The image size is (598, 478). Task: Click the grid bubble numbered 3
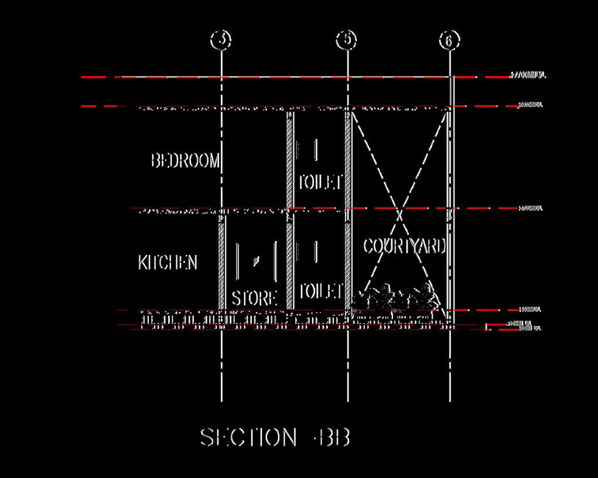pyautogui.click(x=221, y=40)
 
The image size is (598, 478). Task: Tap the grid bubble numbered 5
pyautogui.click(x=347, y=40)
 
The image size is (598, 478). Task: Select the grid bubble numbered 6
pyautogui.click(x=449, y=40)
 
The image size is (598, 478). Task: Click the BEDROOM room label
pyautogui.click(x=185, y=161)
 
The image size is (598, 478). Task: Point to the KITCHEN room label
pyautogui.click(x=168, y=263)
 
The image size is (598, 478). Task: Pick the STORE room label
pyautogui.click(x=254, y=298)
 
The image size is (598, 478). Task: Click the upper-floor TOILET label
pyautogui.click(x=320, y=182)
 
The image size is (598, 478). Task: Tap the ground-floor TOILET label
pyautogui.click(x=320, y=291)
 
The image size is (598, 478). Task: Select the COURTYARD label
pyautogui.click(x=404, y=246)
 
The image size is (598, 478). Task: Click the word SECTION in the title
pyautogui.click(x=248, y=438)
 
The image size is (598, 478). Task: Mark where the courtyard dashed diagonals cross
pyautogui.click(x=400, y=215)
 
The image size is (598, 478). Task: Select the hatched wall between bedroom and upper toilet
pyautogui.click(x=289, y=159)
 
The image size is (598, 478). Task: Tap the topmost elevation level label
pyautogui.click(x=528, y=75)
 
